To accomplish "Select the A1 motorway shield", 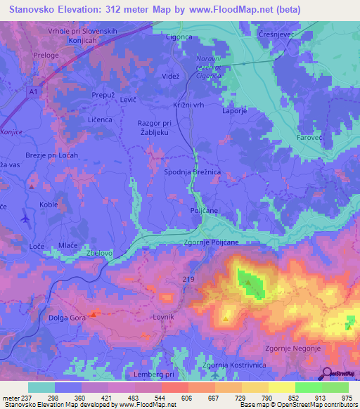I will (34, 91).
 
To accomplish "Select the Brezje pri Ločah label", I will (51, 154).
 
